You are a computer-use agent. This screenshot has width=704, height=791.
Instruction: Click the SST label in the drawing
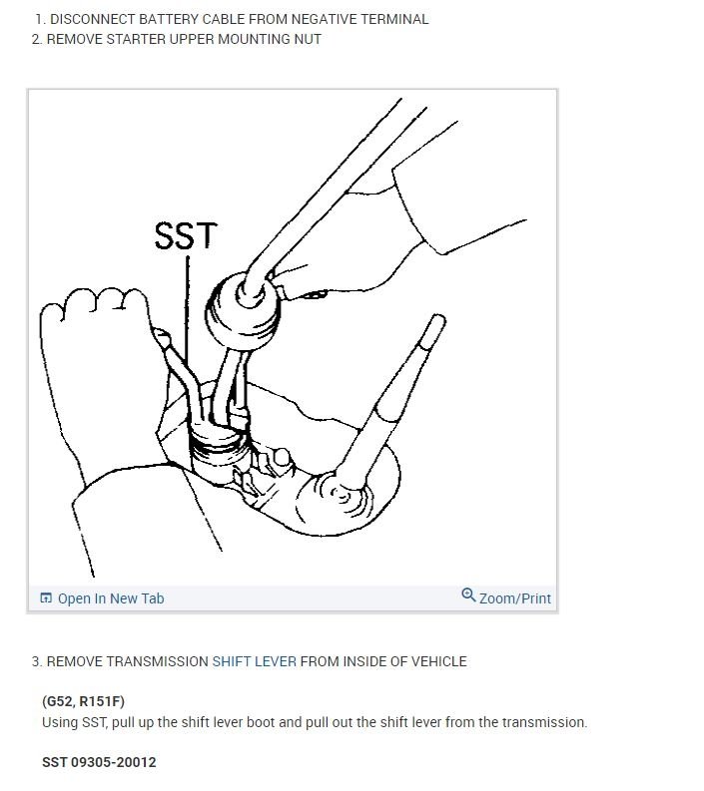186,234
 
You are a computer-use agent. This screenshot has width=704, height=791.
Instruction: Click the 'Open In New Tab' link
110,598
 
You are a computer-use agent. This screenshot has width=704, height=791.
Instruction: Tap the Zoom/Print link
514,598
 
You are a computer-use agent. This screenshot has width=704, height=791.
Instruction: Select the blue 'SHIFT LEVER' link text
254,661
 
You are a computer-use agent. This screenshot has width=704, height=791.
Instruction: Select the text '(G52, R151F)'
84,701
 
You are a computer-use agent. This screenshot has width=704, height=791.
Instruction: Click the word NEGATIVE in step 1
314,19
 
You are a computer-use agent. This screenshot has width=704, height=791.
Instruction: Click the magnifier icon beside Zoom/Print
468,595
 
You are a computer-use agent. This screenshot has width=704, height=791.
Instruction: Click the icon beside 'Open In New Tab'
46,598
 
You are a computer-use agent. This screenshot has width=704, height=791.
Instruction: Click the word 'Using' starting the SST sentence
61,722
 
